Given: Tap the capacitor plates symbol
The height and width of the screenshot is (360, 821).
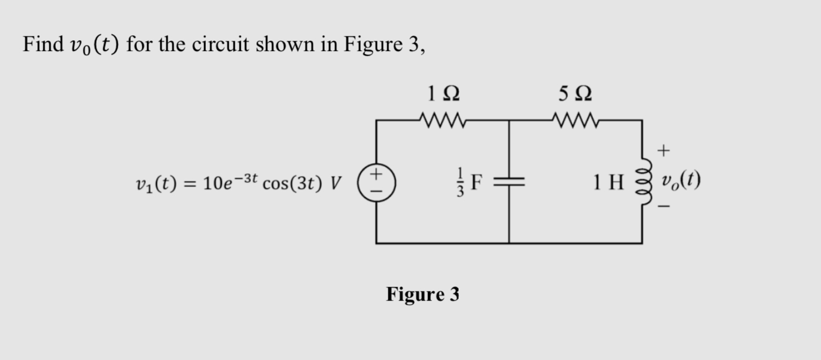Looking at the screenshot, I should [509, 181].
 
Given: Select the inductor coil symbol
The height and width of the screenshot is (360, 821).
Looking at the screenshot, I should [646, 181].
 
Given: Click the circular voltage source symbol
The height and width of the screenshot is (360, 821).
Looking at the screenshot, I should [376, 181].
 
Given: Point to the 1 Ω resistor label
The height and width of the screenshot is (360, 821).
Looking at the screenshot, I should [444, 94].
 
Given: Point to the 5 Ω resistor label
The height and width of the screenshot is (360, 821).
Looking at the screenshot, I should [576, 94].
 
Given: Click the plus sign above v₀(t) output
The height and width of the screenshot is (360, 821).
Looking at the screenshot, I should [663, 150].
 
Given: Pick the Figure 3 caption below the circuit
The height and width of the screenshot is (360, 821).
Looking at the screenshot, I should [423, 295].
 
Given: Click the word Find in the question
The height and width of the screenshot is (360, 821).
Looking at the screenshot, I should [42, 44].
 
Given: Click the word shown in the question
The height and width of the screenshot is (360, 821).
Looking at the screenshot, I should [283, 44].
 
